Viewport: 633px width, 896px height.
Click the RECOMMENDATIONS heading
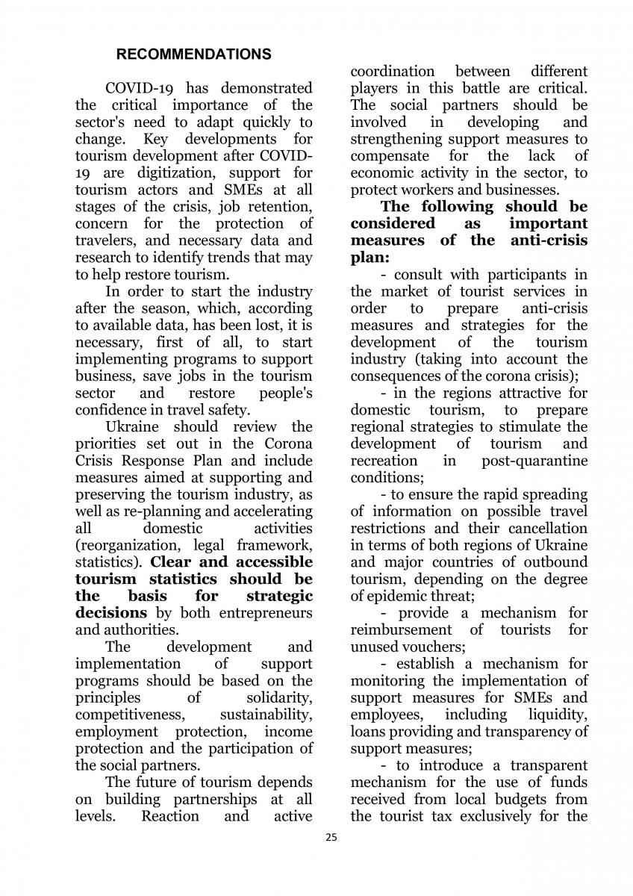point(194,55)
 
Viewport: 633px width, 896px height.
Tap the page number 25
point(331,837)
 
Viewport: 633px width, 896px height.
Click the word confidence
point(112,410)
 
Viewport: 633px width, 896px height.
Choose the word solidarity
point(279,698)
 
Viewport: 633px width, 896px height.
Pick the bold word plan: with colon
point(367,258)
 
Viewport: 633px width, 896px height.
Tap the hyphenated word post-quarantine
point(534,461)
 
